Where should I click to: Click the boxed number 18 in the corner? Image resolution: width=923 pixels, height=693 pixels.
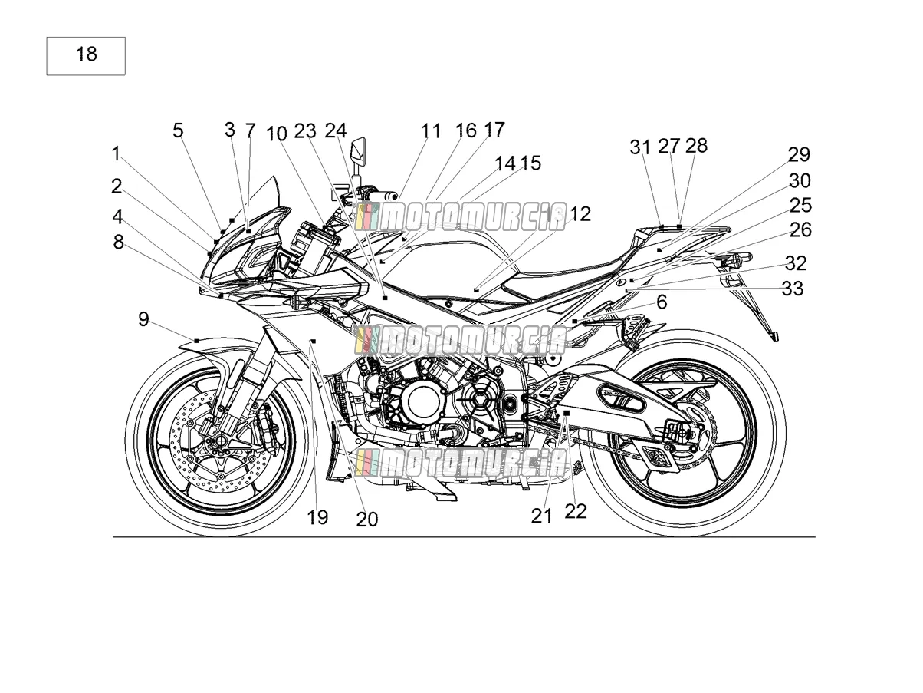pos(86,54)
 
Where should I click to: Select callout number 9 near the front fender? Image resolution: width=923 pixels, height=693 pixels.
pos(143,319)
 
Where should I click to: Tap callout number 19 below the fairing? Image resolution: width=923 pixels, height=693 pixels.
pos(317,516)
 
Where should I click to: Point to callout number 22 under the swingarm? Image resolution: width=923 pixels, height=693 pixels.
pos(575,511)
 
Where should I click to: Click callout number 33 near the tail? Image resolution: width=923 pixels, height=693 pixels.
pos(792,289)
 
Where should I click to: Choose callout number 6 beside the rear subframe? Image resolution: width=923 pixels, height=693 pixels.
pos(662,302)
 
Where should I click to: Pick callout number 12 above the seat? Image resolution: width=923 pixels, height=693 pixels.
pos(580,214)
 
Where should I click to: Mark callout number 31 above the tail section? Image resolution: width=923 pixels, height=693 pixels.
pos(640,147)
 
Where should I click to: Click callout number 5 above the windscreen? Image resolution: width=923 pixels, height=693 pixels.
pos(178,130)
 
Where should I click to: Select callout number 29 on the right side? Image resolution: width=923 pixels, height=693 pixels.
pos(799,154)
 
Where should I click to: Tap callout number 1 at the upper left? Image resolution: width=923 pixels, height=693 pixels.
pos(116,153)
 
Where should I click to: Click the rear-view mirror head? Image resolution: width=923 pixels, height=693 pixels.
pos(358,150)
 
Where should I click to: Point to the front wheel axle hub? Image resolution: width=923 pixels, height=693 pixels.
pos(221,441)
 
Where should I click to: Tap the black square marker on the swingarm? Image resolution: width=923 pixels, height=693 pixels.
pos(567,413)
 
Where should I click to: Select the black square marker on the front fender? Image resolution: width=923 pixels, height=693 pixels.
pos(196,341)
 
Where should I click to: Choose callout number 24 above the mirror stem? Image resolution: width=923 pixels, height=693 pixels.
pos(335,130)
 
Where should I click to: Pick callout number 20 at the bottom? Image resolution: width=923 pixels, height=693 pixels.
pos(366,520)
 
